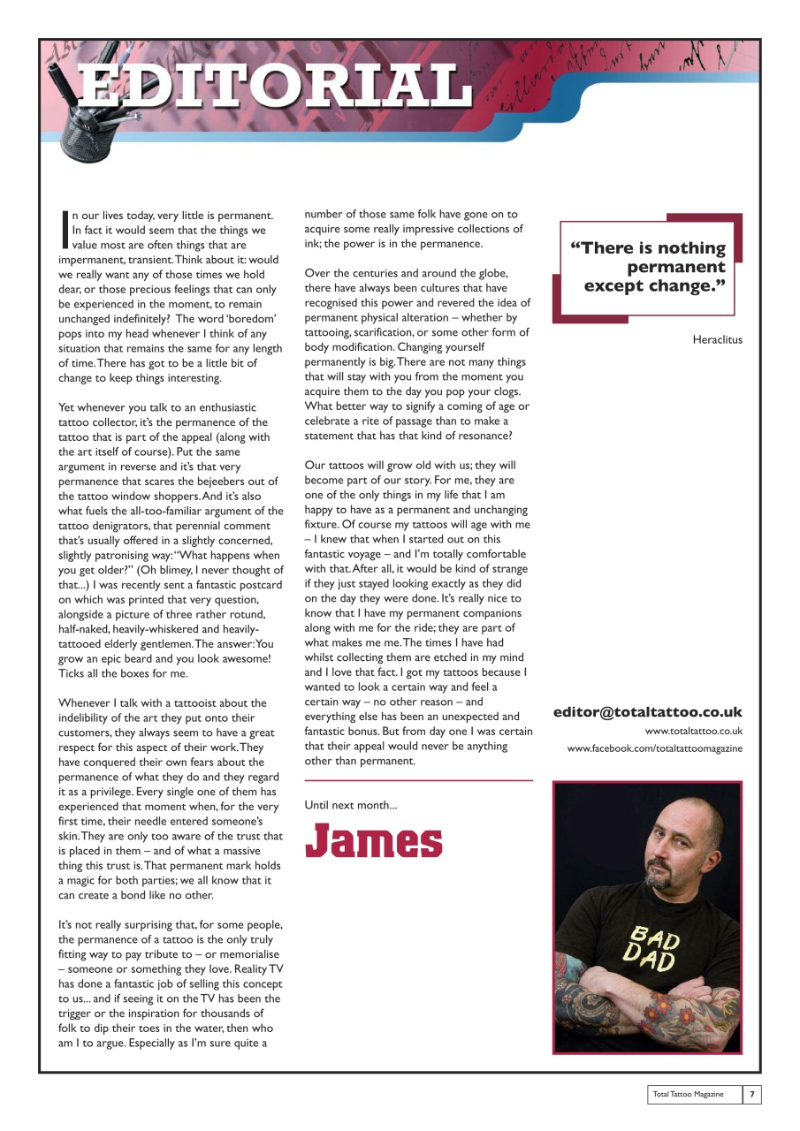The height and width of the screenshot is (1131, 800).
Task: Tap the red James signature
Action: pos(374,840)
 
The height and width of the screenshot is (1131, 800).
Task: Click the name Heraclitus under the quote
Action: pos(718,339)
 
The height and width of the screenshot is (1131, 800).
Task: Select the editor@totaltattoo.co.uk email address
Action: pos(648,712)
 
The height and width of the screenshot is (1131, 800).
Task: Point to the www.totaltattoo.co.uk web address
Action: pos(693,731)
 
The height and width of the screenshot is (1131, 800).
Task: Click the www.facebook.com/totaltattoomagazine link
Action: pos(654,748)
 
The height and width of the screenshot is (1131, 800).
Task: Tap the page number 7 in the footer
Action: pos(751,1094)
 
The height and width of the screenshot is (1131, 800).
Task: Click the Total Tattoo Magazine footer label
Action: pos(688,1094)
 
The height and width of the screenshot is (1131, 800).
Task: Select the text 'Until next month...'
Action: pos(350,805)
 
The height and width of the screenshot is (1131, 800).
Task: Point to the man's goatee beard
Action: pos(658,877)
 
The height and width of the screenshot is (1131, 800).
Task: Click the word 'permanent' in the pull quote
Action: pos(675,267)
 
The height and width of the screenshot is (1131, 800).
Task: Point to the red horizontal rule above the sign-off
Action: pos(418,780)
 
